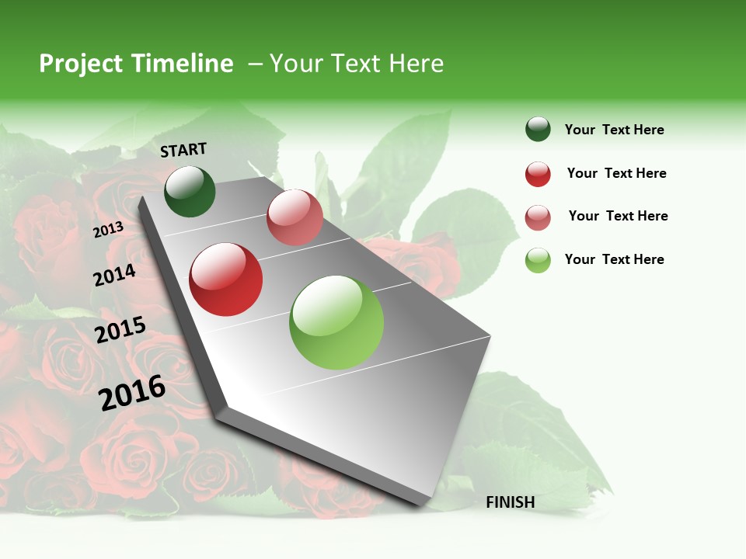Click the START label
coord(183,150)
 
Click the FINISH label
coord(511,502)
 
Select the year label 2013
coord(108,229)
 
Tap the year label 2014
coord(114,275)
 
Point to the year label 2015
coord(120,330)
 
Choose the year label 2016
coord(132,393)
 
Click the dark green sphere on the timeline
coord(190,191)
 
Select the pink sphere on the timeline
coord(295,217)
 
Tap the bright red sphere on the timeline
coord(226,279)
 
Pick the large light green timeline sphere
coord(336,322)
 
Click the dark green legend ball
coord(538,129)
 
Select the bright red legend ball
coord(538,174)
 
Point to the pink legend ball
coord(538,217)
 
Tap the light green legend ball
coord(538,260)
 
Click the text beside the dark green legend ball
coord(614,130)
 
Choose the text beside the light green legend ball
coord(614,259)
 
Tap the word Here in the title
coord(416,64)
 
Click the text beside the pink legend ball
coord(618,216)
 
